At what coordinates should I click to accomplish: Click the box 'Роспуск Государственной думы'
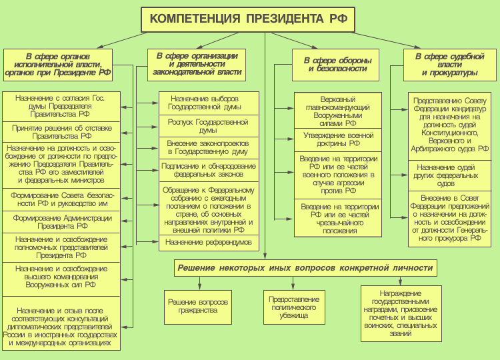tap(209, 125)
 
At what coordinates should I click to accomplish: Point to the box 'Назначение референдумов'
tap(209, 242)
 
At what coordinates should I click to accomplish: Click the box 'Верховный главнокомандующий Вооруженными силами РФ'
tap(338, 111)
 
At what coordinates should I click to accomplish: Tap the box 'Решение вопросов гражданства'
tap(197, 306)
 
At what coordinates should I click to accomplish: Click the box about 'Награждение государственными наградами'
tap(400, 313)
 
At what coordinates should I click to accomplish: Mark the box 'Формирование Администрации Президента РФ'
tap(61, 222)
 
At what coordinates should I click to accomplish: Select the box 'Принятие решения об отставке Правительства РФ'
tap(61, 131)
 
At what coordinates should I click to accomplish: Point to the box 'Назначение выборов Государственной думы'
tap(209, 103)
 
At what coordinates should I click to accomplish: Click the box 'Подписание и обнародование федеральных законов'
tap(209, 169)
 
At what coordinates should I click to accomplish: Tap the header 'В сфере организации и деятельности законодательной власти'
tap(197, 64)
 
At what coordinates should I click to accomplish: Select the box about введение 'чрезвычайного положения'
tap(338, 218)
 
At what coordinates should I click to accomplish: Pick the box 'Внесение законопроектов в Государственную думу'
tap(209, 147)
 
